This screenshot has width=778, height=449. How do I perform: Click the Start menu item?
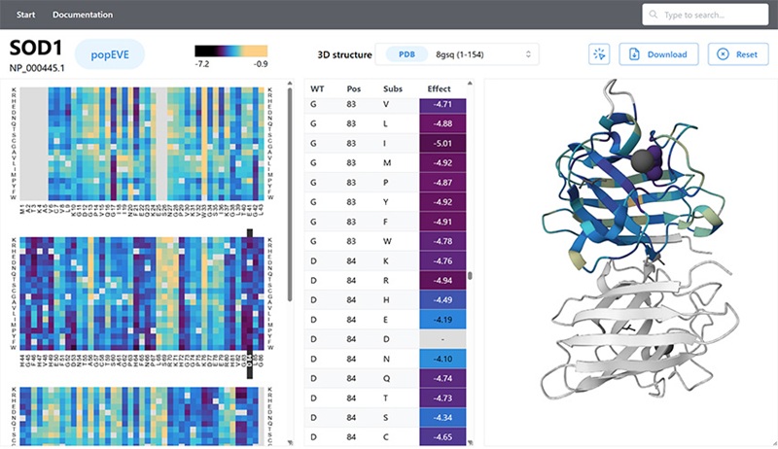pyautogui.click(x=26, y=15)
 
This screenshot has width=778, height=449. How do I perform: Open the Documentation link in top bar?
pyautogui.click(x=83, y=15)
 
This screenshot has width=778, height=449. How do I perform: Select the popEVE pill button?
pyautogui.click(x=110, y=54)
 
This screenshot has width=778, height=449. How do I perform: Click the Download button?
pyautogui.click(x=658, y=54)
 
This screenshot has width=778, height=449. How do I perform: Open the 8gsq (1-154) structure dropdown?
pyautogui.click(x=483, y=54)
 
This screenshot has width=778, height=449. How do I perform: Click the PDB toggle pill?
pyautogui.click(x=406, y=54)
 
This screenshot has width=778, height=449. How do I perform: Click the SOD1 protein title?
pyautogui.click(x=36, y=50)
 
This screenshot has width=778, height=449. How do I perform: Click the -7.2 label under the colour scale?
pyautogui.click(x=203, y=64)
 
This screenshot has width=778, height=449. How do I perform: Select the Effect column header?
pyautogui.click(x=440, y=88)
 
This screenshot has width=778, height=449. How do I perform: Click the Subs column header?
pyautogui.click(x=393, y=88)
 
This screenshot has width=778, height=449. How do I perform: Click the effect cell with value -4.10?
pyautogui.click(x=442, y=360)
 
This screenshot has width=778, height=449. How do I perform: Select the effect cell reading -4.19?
pyautogui.click(x=442, y=318)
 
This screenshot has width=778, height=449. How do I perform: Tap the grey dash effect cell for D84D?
pyautogui.click(x=442, y=339)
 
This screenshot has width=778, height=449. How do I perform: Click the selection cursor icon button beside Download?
pyautogui.click(x=598, y=54)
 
